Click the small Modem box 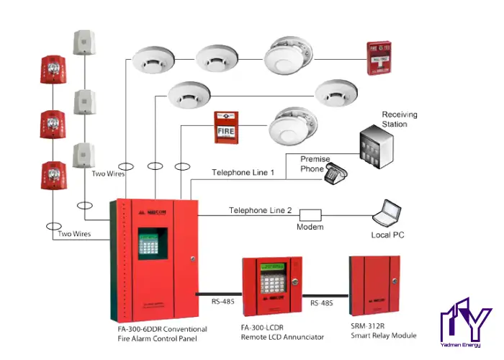310,215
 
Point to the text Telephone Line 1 243,173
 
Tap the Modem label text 310,228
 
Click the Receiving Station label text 400,120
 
